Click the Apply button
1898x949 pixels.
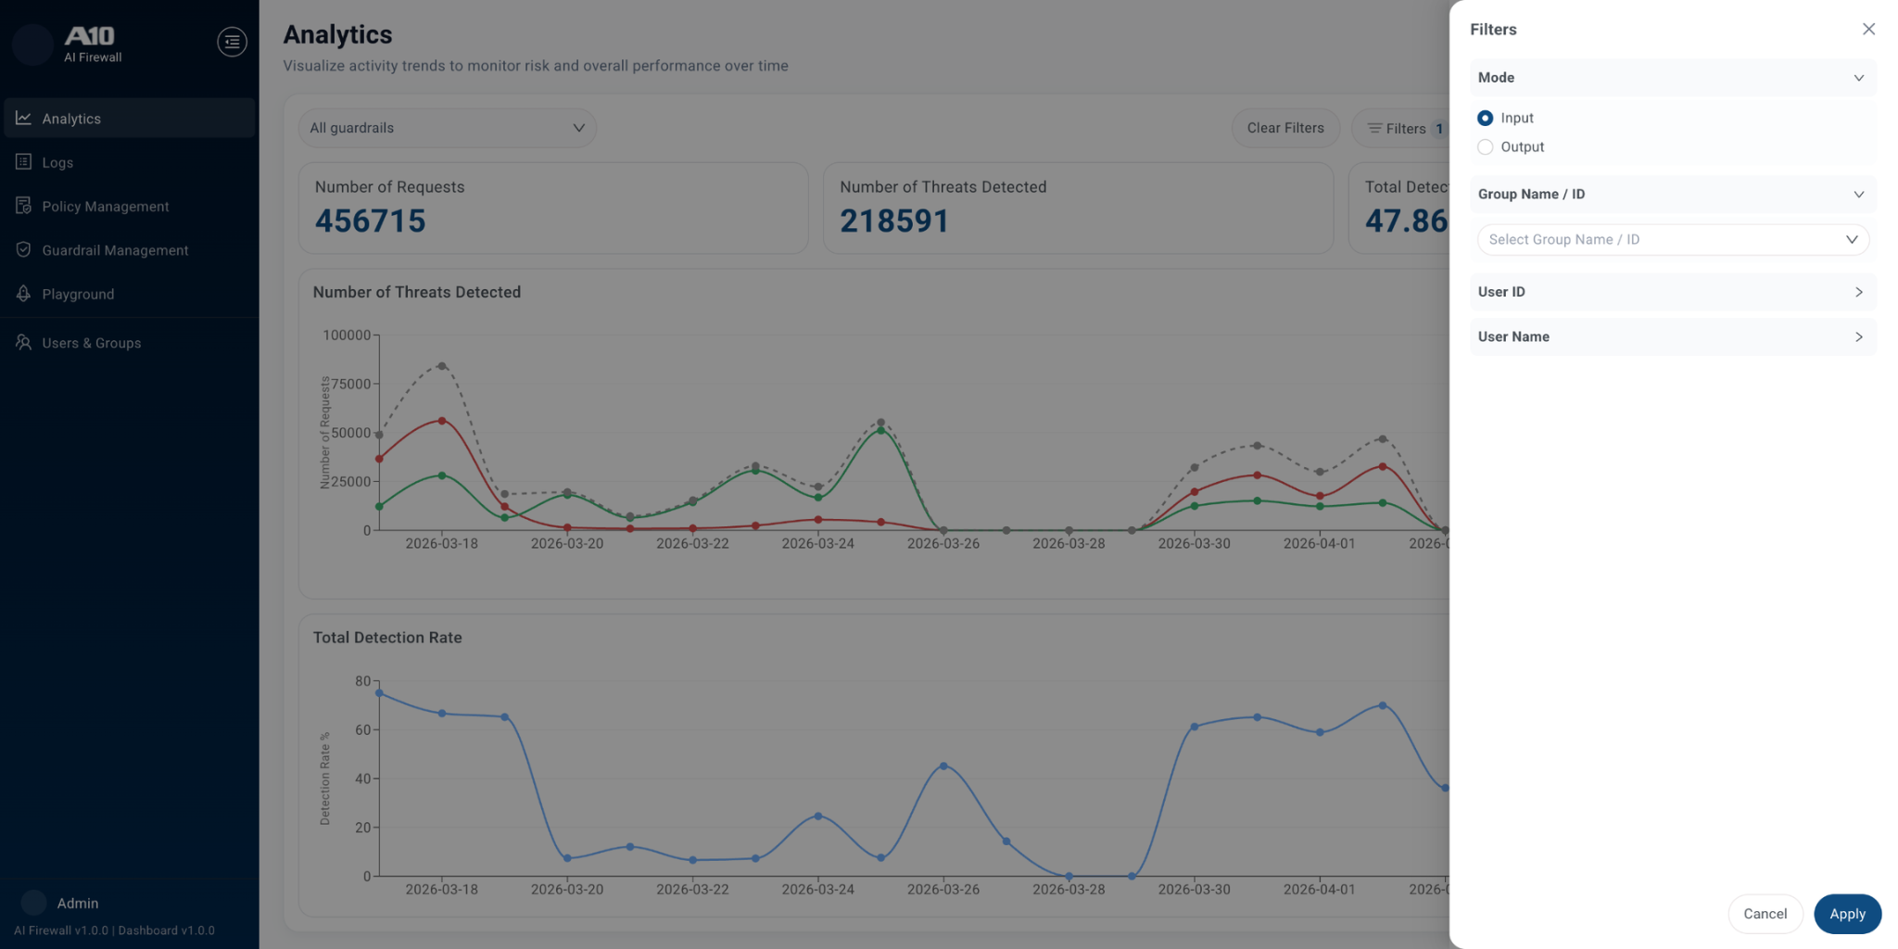(x=1846, y=914)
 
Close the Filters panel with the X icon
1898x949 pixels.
(x=1868, y=30)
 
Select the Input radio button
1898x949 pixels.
(x=1485, y=118)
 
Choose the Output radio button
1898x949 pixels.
(x=1485, y=147)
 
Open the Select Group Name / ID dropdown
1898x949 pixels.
(x=1672, y=240)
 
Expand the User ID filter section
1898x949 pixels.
(x=1672, y=292)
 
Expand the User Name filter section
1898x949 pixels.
(x=1672, y=337)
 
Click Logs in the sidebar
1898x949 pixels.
(x=57, y=163)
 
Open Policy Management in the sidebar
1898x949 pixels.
(x=105, y=207)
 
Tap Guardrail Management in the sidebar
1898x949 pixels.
(x=115, y=250)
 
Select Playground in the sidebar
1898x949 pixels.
(x=78, y=295)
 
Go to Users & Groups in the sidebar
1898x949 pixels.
(x=91, y=343)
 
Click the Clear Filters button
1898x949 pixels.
(x=1284, y=128)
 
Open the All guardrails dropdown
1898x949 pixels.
(x=447, y=128)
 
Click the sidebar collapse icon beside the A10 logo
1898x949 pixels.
(x=232, y=42)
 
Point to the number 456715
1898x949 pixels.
(x=370, y=221)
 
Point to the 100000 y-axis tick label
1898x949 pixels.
(x=346, y=335)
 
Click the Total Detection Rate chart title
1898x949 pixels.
(x=387, y=638)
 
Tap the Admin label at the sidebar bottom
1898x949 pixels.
(x=78, y=904)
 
